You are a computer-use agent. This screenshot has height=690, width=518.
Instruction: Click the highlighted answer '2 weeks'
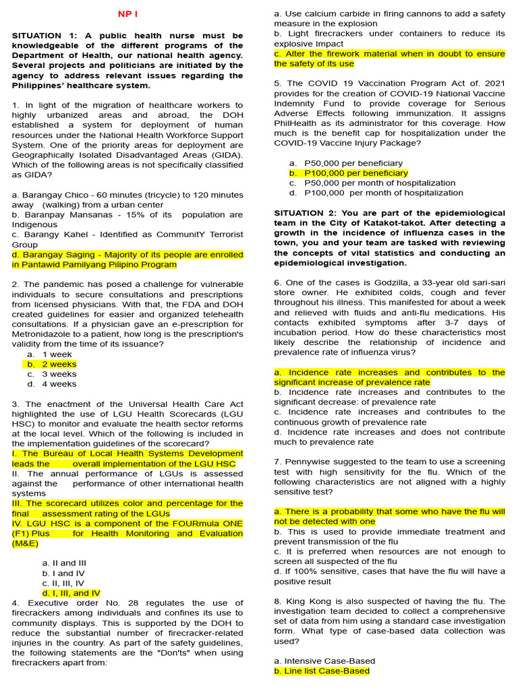tap(59, 365)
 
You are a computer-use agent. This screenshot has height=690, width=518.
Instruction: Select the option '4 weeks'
tap(59, 384)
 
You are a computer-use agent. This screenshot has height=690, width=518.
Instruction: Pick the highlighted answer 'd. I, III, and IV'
tap(71, 593)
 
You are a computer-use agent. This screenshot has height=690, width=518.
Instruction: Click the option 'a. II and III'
tap(64, 563)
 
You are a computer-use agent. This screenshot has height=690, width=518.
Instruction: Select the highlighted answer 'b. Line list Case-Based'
tap(322, 671)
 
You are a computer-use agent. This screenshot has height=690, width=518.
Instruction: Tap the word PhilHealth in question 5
tap(297, 123)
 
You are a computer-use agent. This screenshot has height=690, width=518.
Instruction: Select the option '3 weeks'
tap(59, 374)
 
